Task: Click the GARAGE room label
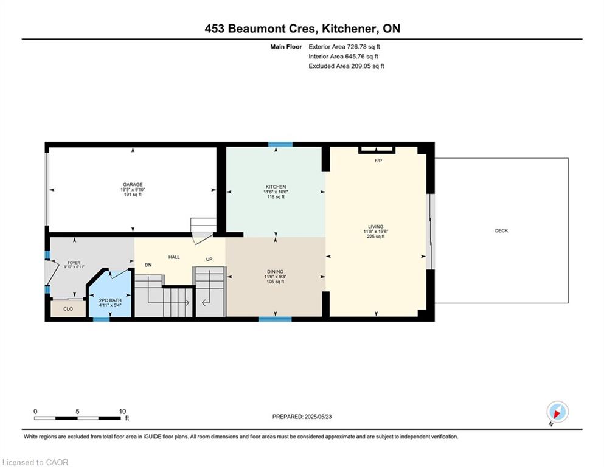click(x=133, y=184)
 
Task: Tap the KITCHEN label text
click(x=276, y=187)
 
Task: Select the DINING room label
click(x=276, y=271)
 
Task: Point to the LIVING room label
click(x=375, y=226)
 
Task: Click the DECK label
click(x=502, y=230)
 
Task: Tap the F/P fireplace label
click(x=378, y=161)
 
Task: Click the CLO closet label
click(x=68, y=309)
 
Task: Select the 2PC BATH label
click(x=110, y=300)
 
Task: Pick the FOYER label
click(x=74, y=263)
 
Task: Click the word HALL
click(x=174, y=257)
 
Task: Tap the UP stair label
click(x=209, y=259)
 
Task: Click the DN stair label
click(x=148, y=265)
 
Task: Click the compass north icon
click(x=557, y=412)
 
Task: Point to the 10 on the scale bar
click(x=122, y=411)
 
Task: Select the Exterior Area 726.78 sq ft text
click(x=344, y=47)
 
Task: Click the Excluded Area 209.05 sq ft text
click(x=346, y=66)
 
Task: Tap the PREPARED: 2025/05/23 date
click(x=302, y=417)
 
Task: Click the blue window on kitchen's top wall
click(x=280, y=144)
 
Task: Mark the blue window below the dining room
click(x=275, y=319)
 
